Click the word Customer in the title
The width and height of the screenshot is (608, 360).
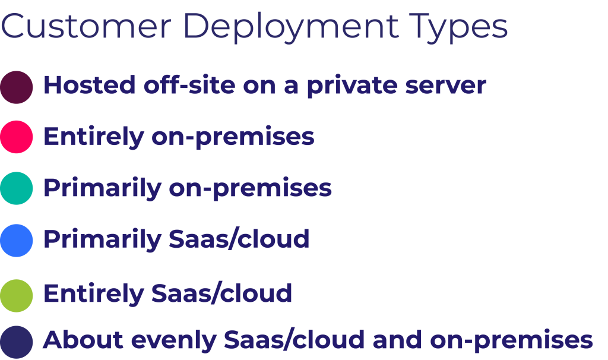click(x=86, y=26)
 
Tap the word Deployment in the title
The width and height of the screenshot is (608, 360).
click(x=290, y=28)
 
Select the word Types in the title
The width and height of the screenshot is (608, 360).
click(x=458, y=28)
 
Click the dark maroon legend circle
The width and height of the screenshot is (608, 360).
click(x=16, y=87)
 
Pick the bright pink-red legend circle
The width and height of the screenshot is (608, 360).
click(x=16, y=137)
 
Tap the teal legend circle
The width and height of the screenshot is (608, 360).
click(x=16, y=188)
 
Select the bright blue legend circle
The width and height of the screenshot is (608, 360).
click(x=16, y=241)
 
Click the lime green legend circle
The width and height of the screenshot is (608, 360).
click(x=16, y=296)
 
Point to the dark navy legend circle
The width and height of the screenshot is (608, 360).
click(x=16, y=342)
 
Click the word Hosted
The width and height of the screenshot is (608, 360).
click(x=90, y=85)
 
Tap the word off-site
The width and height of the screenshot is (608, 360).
click(x=189, y=85)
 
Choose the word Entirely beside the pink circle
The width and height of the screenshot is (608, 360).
click(x=94, y=137)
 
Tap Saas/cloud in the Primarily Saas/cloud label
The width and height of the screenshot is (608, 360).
click(x=239, y=239)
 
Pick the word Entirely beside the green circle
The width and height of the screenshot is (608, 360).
click(x=94, y=293)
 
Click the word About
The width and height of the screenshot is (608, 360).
click(x=83, y=340)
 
